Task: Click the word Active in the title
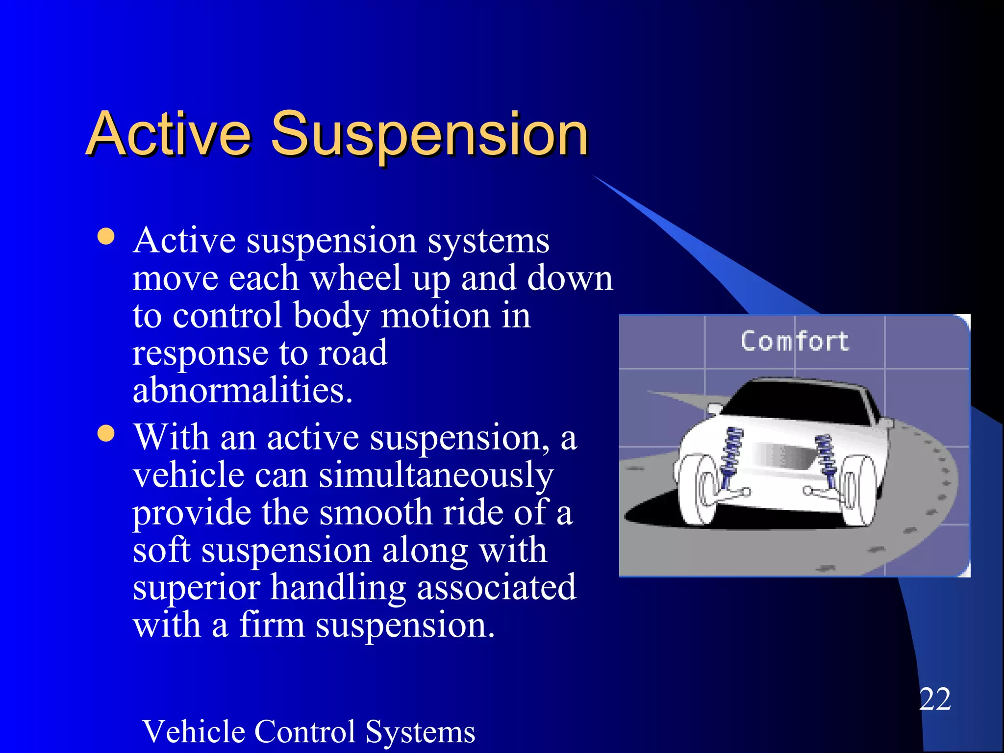point(169,133)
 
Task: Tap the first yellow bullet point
point(106,237)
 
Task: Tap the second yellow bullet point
point(106,433)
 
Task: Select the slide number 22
point(935,699)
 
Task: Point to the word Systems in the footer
point(420,732)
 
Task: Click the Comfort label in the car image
point(794,341)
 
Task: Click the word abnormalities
point(243,391)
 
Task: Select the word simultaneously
point(436,476)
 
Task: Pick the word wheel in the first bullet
point(356,278)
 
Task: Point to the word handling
point(338,588)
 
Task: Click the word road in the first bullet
point(353,353)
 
